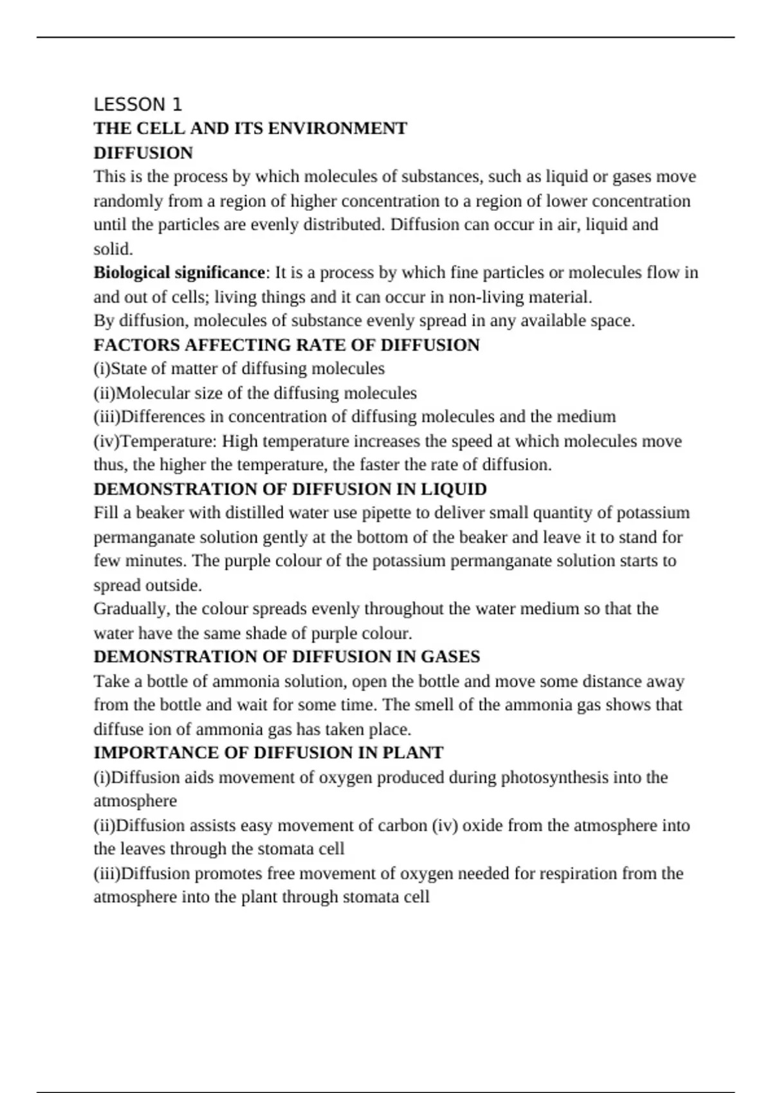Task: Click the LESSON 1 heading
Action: pyautogui.click(x=138, y=104)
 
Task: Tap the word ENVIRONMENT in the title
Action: pyautogui.click(x=337, y=129)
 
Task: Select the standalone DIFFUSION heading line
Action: pyautogui.click(x=143, y=153)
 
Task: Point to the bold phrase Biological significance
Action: pyautogui.click(x=179, y=273)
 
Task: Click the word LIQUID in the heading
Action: pyautogui.click(x=454, y=489)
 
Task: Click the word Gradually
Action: pyautogui.click(x=132, y=609)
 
